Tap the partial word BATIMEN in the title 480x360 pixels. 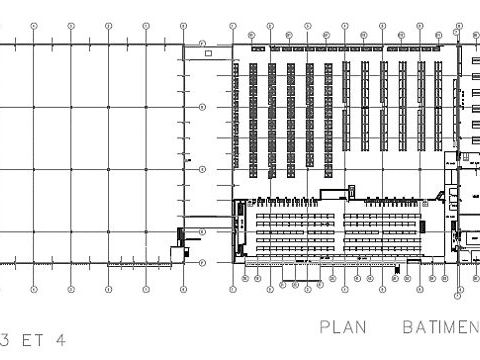point(440,327)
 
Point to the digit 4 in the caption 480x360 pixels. point(61,340)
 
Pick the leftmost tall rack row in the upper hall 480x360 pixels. point(253,118)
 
